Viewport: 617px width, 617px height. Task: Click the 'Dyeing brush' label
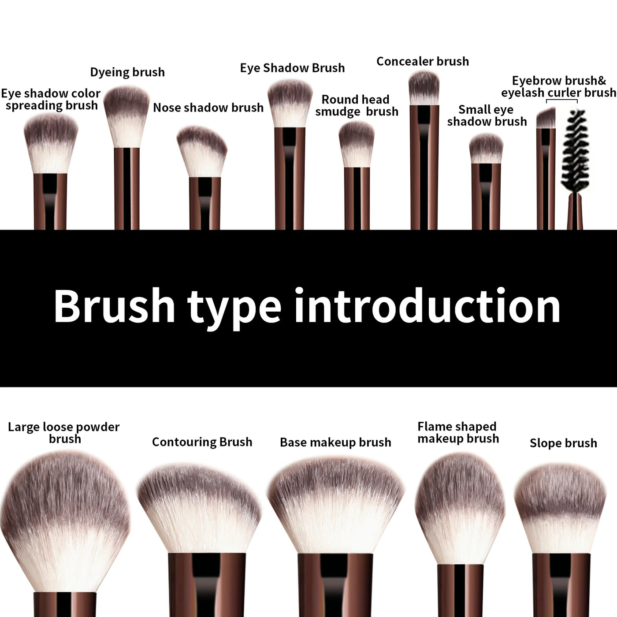127,72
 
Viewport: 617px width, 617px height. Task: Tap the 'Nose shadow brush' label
208,108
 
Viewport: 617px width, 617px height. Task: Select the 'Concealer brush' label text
422,61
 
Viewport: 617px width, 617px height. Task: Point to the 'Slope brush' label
563,443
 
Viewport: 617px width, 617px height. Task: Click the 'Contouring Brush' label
202,442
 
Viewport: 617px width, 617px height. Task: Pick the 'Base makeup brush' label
335,442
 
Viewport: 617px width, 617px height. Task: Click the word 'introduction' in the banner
427,307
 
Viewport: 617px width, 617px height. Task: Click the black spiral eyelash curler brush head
573,150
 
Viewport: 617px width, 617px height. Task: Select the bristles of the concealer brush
424,88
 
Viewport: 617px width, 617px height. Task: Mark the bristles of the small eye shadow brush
486,149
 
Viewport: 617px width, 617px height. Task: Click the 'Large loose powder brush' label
64,433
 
